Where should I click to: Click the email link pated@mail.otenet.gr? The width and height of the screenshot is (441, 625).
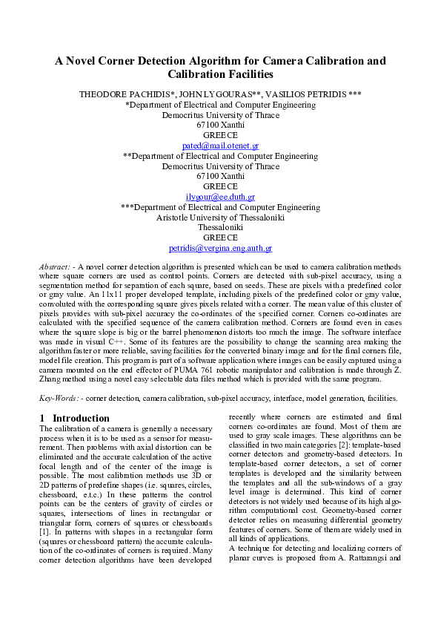(x=220, y=146)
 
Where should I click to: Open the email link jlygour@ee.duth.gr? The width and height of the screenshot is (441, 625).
(x=220, y=197)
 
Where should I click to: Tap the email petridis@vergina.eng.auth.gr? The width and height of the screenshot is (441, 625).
(x=220, y=248)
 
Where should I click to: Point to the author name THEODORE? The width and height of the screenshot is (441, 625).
(x=105, y=95)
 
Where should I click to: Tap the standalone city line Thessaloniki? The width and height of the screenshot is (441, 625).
(x=220, y=228)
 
